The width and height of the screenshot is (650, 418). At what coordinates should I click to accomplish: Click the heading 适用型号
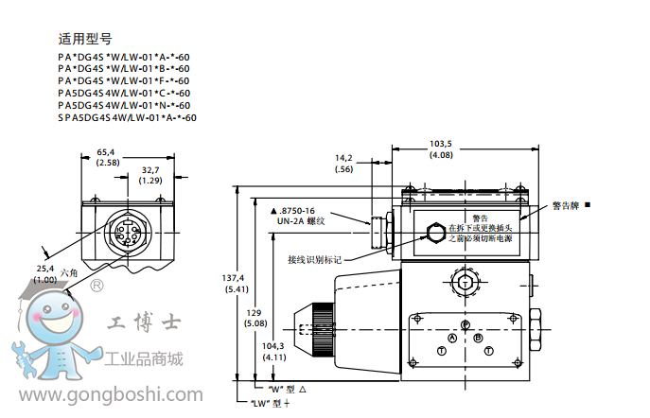click(85, 39)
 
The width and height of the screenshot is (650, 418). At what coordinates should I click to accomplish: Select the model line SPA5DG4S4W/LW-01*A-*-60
click(127, 118)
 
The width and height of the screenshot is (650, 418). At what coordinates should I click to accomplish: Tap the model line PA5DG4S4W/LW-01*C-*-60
click(123, 93)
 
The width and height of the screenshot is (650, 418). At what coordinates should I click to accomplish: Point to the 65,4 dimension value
click(107, 151)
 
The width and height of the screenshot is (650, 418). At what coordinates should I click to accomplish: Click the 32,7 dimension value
click(150, 169)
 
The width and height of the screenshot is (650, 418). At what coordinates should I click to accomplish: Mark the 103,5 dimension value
click(440, 144)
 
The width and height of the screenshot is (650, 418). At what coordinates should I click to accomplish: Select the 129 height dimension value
click(253, 313)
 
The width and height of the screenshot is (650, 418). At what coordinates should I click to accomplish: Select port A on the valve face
click(452, 338)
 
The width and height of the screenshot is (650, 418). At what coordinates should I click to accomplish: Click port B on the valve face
click(479, 338)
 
